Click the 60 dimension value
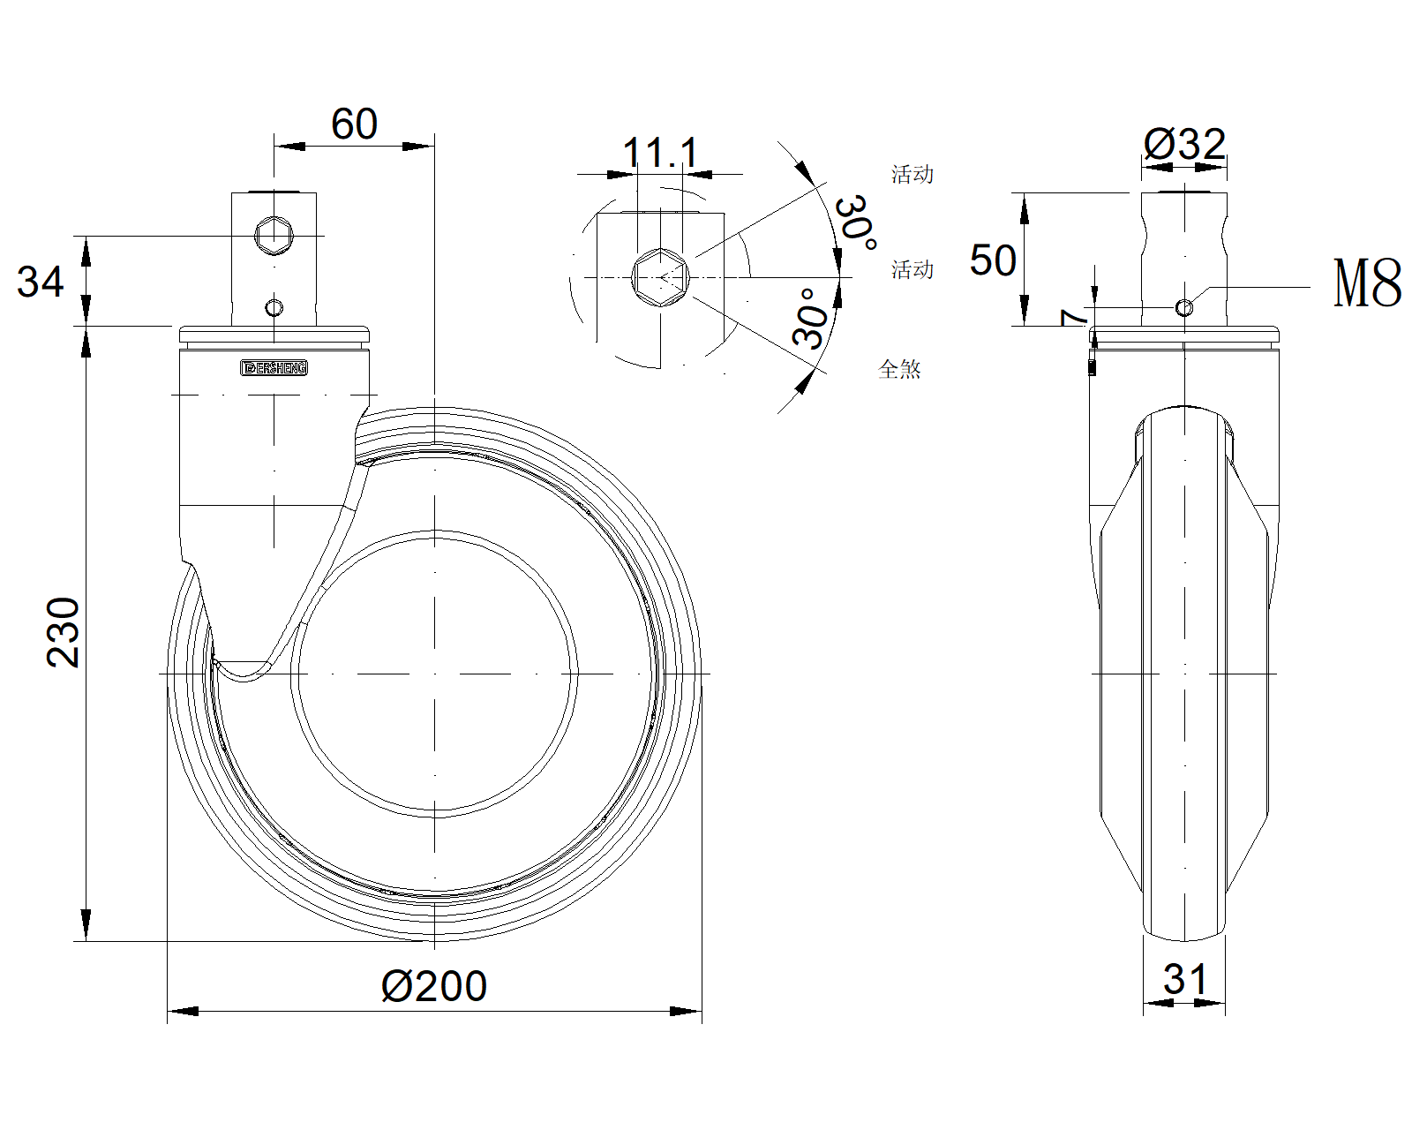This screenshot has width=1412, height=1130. click(x=354, y=124)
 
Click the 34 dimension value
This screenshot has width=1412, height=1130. click(x=41, y=282)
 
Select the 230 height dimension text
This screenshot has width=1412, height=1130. click(x=64, y=632)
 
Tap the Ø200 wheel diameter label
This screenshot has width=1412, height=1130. click(x=433, y=986)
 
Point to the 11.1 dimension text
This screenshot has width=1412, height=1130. click(x=660, y=153)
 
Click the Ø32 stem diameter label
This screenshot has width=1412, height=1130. click(x=1184, y=145)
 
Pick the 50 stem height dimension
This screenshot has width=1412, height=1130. click(x=993, y=260)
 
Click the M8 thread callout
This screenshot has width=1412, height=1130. click(x=1367, y=283)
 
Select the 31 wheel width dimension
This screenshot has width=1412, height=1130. click(x=1185, y=980)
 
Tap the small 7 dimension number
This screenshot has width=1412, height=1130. click(x=1074, y=317)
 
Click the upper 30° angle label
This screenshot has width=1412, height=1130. click(x=857, y=222)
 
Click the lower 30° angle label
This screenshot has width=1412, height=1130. click(x=812, y=319)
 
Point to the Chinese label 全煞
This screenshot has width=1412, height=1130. click(x=899, y=370)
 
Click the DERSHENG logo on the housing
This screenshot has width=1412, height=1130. click(x=274, y=368)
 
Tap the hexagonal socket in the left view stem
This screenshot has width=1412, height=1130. click(x=274, y=236)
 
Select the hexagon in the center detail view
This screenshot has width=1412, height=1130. click(x=660, y=277)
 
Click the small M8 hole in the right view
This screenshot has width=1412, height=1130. click(x=1184, y=306)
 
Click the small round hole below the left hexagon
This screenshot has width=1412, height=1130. click(x=274, y=307)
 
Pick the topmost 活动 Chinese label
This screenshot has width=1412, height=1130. click(x=912, y=175)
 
